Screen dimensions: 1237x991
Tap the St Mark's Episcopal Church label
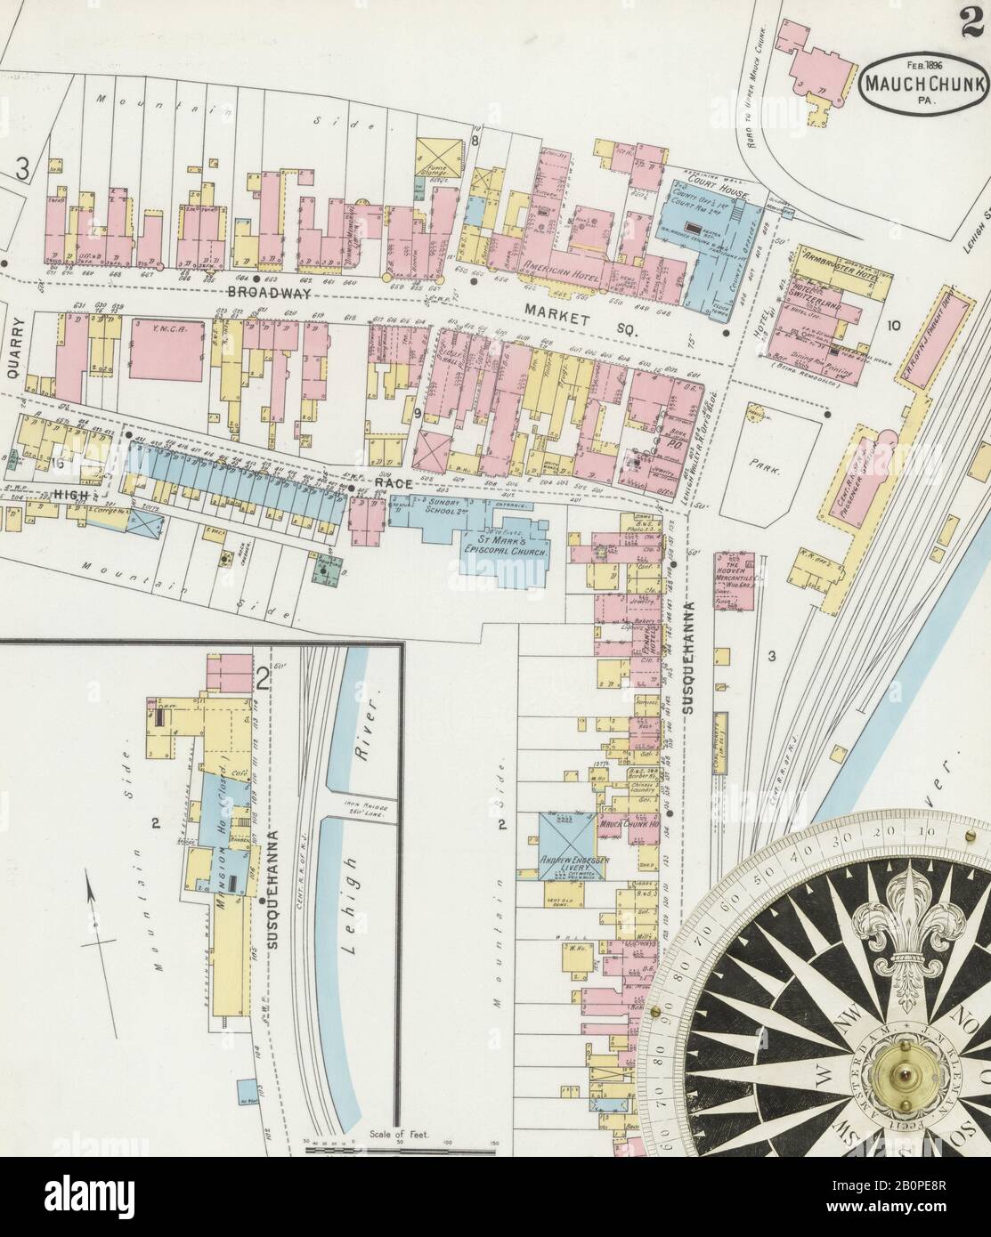[x=505, y=546]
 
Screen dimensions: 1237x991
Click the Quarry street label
[x=12, y=350]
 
